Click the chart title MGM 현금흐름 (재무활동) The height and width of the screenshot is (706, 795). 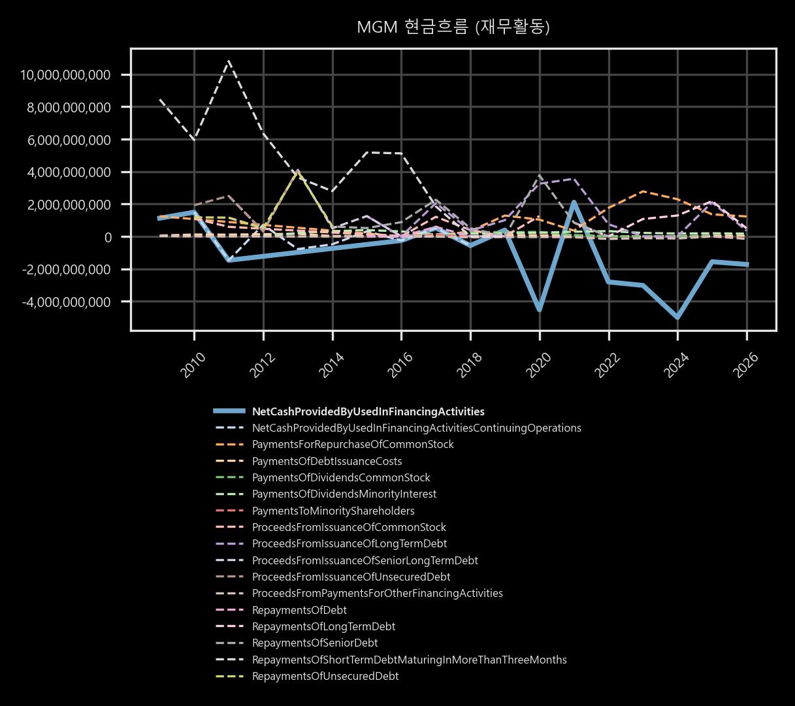(x=453, y=27)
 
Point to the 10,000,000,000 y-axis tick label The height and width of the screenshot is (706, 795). (x=65, y=75)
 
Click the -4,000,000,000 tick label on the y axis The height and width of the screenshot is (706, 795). (x=67, y=302)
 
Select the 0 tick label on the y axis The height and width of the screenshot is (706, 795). (x=108, y=237)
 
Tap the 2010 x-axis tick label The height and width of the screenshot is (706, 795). (x=194, y=365)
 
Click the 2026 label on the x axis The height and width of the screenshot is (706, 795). (x=747, y=365)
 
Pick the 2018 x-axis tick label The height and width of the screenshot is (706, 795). (x=470, y=365)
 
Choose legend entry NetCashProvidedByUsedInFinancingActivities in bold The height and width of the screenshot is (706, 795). (x=368, y=411)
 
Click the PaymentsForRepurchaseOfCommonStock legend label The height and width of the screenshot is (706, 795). (x=353, y=444)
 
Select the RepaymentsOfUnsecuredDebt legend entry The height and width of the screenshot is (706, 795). (x=325, y=676)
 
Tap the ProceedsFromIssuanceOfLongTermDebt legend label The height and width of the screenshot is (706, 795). (x=349, y=543)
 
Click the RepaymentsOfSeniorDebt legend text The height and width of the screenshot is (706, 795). (x=315, y=643)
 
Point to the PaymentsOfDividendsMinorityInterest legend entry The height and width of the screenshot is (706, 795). (x=344, y=494)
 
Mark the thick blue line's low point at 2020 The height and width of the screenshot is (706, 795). (x=540, y=310)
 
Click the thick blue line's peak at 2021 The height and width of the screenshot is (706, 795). (x=574, y=202)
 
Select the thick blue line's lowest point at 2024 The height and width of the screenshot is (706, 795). (x=677, y=317)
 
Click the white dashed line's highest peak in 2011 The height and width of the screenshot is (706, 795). (x=229, y=61)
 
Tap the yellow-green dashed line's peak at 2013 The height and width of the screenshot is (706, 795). (x=299, y=172)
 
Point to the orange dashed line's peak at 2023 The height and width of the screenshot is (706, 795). (x=643, y=191)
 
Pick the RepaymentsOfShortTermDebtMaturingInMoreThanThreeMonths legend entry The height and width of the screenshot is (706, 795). (x=410, y=660)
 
